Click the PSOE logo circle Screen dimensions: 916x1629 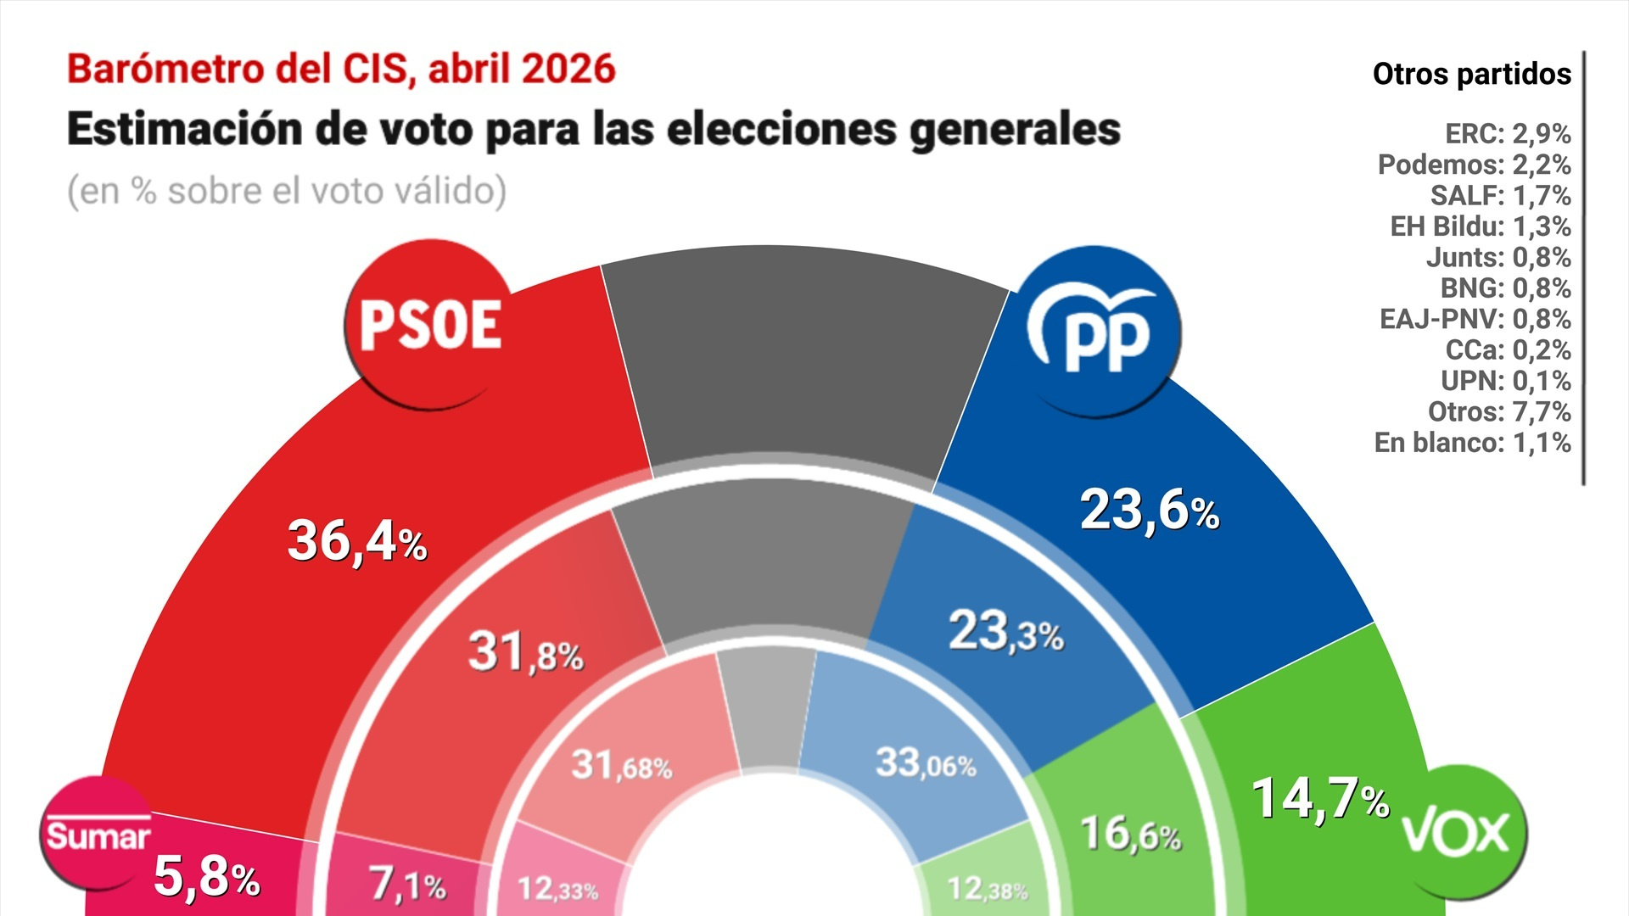430,325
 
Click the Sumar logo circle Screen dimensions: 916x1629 97,833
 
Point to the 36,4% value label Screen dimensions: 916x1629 357,541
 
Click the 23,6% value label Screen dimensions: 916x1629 1150,511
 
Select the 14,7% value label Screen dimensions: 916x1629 1320,799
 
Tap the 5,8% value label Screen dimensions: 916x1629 206,876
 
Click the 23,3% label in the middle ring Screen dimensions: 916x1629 1006,633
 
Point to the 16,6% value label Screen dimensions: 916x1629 1130,835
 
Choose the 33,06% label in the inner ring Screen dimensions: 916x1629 926,763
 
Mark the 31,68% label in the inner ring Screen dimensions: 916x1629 621,766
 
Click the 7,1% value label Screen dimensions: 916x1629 408,885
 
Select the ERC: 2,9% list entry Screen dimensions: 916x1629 1508,134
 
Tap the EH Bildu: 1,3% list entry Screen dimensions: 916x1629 1481,226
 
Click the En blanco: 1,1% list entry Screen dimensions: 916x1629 1473,443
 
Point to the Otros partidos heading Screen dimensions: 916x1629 1472,75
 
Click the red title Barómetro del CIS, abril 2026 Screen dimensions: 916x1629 341,70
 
